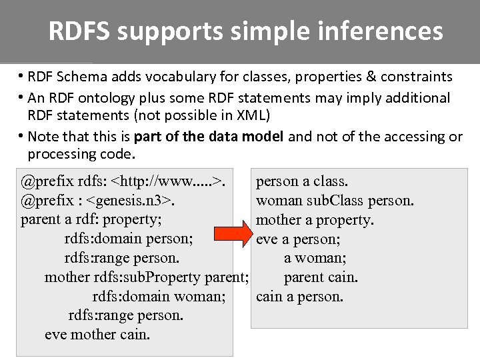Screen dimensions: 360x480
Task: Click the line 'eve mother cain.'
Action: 97,335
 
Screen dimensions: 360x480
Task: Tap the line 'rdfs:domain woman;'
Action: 159,296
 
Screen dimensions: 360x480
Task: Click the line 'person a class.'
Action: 302,181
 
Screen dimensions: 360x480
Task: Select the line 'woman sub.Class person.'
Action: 335,200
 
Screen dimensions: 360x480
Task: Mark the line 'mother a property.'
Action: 315,219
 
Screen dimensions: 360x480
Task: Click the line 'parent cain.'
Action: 321,277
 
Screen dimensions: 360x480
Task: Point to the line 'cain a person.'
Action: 299,296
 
